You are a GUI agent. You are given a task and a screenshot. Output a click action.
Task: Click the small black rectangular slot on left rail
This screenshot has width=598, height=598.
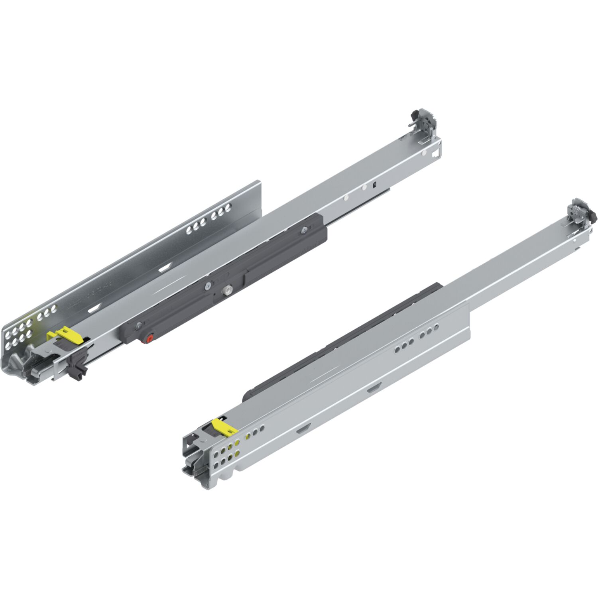pyautogui.click(x=374, y=185)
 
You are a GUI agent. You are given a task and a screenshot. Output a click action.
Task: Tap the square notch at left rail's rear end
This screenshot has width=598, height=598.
pyautogui.click(x=437, y=152)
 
